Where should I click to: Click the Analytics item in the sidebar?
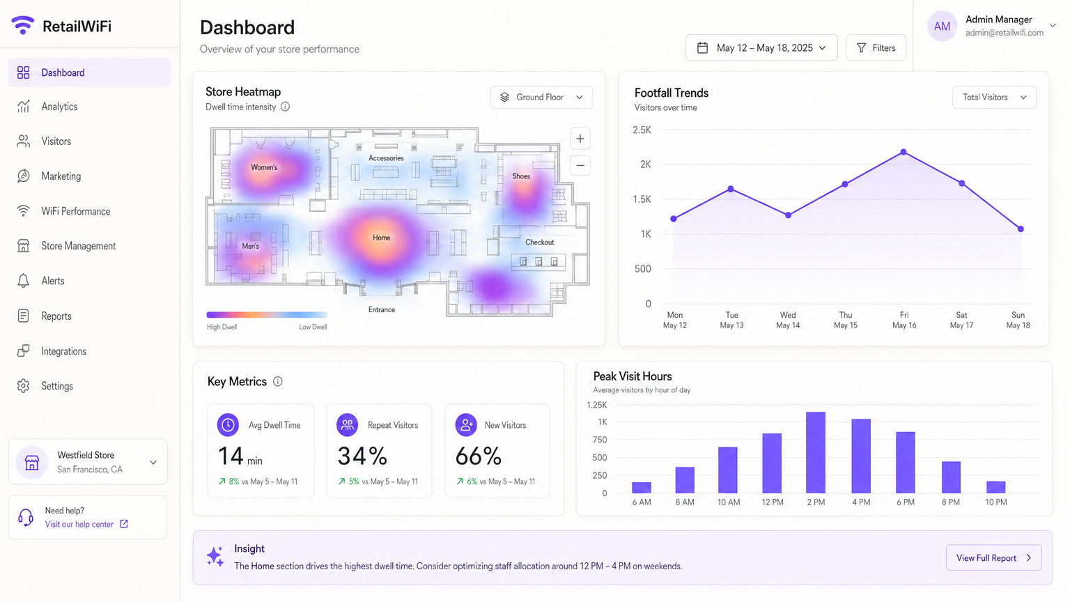coord(59,107)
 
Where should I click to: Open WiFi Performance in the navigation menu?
coord(75,211)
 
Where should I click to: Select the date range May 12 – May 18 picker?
coord(761,48)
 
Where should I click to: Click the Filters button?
coord(876,48)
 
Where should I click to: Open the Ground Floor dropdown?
coord(541,98)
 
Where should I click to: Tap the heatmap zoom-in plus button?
coord(580,139)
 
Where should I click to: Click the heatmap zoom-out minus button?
coord(580,166)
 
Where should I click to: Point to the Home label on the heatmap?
coord(381,238)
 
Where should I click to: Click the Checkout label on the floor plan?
coord(539,242)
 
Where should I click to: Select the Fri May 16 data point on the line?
coord(904,152)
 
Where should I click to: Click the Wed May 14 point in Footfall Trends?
coord(788,215)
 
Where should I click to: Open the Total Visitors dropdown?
coord(994,98)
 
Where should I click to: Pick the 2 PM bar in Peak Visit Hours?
coord(816,452)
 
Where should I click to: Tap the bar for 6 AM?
coord(641,487)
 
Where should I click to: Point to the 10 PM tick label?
coord(995,502)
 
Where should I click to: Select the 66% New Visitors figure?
coord(478,457)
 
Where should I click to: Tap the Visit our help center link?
coord(79,525)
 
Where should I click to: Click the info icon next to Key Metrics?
coord(278,382)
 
